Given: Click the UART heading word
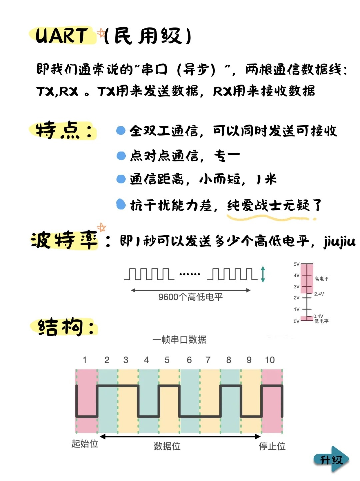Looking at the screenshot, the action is click(x=61, y=36).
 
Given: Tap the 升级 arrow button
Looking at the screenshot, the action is click(x=331, y=460).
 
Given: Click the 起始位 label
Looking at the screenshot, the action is click(x=85, y=444).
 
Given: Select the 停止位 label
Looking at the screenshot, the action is click(x=272, y=446).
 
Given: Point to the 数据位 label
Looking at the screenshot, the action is click(x=167, y=446).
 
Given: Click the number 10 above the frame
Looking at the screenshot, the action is click(x=270, y=360).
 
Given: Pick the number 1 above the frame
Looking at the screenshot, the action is click(x=85, y=360).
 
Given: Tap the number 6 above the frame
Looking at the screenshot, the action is click(x=189, y=360).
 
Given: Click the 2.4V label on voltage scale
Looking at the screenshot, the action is click(x=319, y=294).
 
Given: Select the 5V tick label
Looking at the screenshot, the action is click(x=296, y=264).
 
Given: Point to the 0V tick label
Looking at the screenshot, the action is click(x=296, y=321).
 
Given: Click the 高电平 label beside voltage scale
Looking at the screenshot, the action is click(x=321, y=279).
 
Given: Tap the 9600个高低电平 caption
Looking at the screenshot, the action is click(x=190, y=297).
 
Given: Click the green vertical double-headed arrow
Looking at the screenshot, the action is click(x=263, y=274).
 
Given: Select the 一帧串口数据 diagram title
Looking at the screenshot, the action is click(x=179, y=340).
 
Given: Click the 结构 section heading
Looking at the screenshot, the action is click(x=60, y=327).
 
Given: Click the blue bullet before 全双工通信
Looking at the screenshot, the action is click(x=121, y=131).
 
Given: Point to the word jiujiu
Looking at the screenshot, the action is click(x=340, y=242).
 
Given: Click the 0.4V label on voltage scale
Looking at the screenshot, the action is click(x=318, y=316).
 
